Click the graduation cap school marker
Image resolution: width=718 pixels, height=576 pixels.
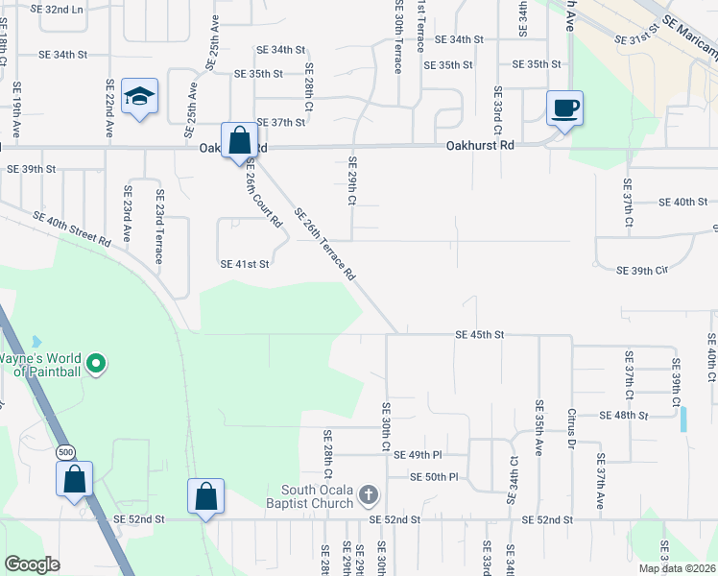tap(140, 97)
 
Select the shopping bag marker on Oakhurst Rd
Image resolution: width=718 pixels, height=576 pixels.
tap(239, 141)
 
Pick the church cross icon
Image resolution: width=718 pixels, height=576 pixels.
tap(368, 495)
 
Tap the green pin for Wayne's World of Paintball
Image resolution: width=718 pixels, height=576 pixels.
tap(95, 364)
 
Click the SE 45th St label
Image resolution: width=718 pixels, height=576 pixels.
tap(479, 335)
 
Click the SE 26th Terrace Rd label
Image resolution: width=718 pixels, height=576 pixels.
tap(325, 244)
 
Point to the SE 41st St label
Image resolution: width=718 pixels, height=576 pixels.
tap(245, 264)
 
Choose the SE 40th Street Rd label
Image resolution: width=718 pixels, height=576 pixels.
tap(72, 228)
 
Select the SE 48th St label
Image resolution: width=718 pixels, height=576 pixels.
tap(623, 416)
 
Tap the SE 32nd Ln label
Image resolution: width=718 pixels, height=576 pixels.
tap(57, 9)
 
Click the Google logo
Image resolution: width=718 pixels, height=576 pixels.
tap(32, 564)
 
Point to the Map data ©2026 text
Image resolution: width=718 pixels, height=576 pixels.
tap(677, 568)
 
